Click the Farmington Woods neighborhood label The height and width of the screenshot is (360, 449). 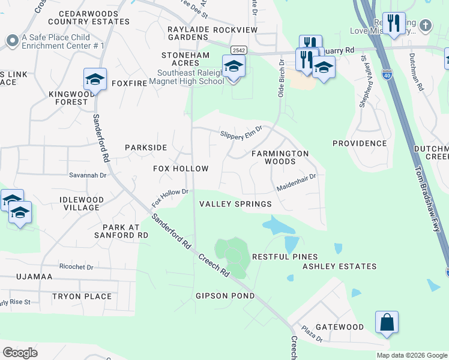(x=280, y=158)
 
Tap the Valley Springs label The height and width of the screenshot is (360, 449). (x=235, y=204)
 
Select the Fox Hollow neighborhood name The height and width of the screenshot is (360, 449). (x=181, y=169)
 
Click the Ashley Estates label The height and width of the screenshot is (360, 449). (x=339, y=266)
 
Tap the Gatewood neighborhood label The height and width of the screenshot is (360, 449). (x=340, y=327)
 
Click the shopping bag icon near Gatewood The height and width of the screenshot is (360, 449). (x=387, y=323)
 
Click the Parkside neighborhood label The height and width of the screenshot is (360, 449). (x=145, y=148)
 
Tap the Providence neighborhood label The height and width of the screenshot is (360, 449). (x=360, y=143)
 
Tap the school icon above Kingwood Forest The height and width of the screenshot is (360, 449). (x=95, y=79)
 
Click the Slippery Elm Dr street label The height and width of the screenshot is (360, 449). (x=241, y=132)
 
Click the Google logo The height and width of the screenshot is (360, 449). (x=20, y=353)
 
